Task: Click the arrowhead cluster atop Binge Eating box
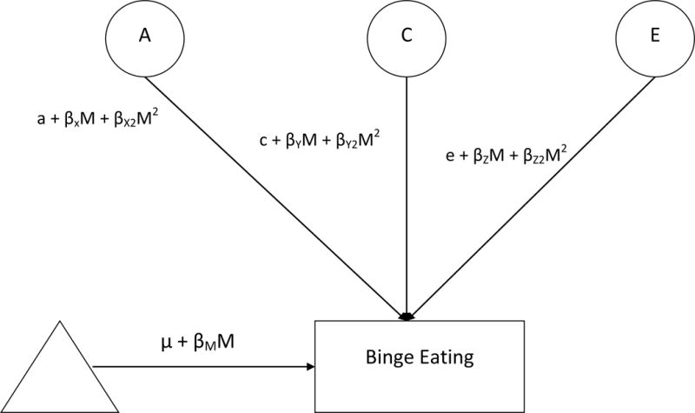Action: (x=406, y=315)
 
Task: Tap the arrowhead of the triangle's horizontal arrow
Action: (x=311, y=367)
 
